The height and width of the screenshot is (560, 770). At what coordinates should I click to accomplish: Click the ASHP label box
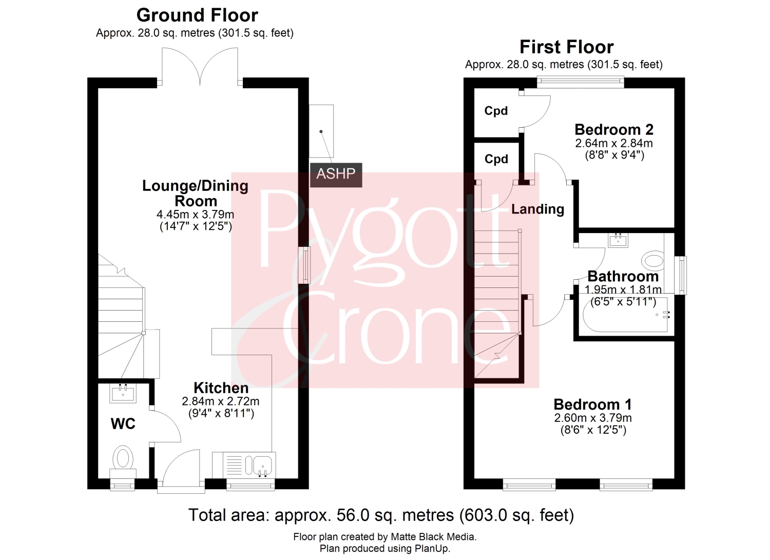pos(336,175)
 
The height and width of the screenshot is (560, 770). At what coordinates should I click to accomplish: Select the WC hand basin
pos(123,393)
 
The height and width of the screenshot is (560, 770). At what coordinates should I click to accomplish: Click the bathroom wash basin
pos(618,240)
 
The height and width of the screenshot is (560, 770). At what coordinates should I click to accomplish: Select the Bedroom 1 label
pos(592,404)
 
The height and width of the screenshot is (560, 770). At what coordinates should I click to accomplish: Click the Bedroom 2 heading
pos(614,129)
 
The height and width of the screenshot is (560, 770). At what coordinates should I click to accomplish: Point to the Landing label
pos(537,209)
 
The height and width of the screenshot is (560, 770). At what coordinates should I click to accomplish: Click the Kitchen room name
pos(221,388)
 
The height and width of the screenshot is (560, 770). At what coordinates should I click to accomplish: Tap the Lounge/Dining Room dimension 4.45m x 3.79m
pos(195,215)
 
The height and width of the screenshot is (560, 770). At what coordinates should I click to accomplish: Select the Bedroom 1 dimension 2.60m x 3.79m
pos(593,418)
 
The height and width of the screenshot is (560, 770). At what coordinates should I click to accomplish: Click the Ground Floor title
pos(197,15)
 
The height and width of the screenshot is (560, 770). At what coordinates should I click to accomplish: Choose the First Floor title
pos(567,47)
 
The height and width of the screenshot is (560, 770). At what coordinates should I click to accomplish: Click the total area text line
pos(381,515)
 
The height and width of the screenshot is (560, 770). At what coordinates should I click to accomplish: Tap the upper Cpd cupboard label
pos(496,111)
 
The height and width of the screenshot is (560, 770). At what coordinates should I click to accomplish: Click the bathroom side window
pos(680,275)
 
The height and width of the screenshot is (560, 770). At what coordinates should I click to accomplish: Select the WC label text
pos(123,424)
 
